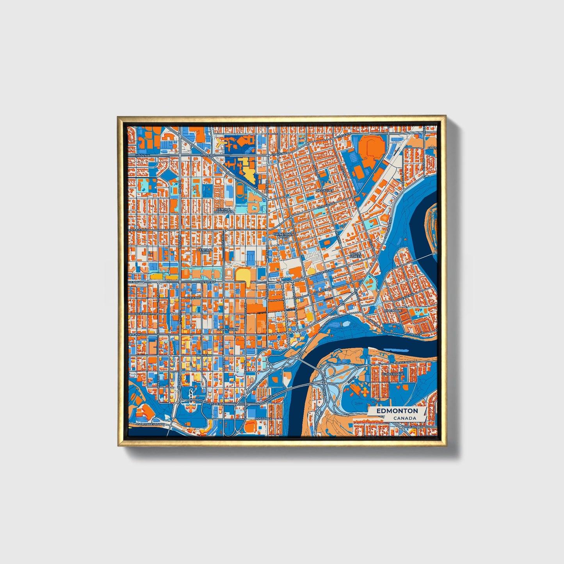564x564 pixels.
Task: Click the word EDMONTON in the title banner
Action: (397, 411)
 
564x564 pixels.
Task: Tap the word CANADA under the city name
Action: (404, 418)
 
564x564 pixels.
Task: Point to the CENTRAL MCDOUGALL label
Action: (224, 210)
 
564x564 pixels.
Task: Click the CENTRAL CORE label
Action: (205, 251)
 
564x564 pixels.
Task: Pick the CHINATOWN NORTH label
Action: (283, 235)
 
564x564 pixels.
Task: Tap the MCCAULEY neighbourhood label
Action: (325, 190)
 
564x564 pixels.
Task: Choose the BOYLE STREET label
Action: (356, 255)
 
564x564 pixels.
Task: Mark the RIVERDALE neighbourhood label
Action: (393, 310)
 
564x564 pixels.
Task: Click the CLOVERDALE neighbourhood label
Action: (392, 374)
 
